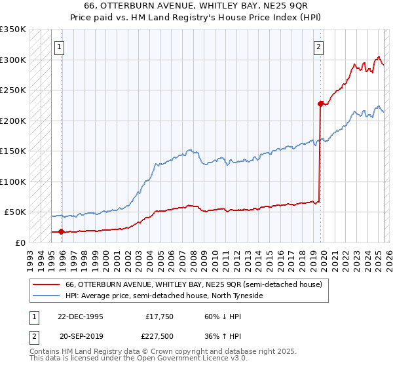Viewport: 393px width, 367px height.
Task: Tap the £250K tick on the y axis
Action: tap(13, 90)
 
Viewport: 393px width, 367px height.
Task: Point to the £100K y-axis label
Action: tap(13, 182)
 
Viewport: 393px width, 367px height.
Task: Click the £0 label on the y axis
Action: tap(20, 242)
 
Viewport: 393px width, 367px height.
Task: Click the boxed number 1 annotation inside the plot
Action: tap(59, 47)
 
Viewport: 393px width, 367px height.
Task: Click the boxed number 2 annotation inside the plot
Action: tap(318, 47)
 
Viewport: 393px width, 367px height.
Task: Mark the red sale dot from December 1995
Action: tap(61, 231)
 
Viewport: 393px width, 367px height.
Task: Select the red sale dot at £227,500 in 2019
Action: tap(320, 104)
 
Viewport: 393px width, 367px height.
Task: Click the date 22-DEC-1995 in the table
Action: tap(80, 316)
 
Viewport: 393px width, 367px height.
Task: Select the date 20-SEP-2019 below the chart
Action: tap(80, 337)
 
